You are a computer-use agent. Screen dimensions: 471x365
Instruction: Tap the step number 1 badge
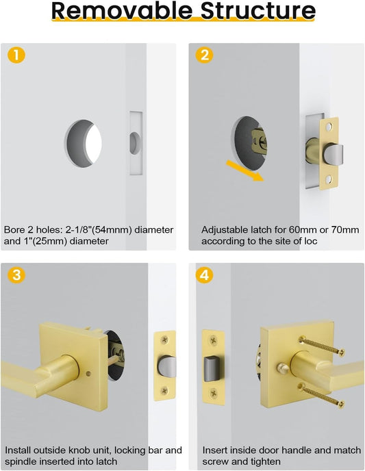(15, 55)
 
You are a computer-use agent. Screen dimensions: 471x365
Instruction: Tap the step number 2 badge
(204, 55)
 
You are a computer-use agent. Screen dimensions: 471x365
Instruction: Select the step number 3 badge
(15, 276)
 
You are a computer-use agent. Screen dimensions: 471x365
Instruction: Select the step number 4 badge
(204, 276)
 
